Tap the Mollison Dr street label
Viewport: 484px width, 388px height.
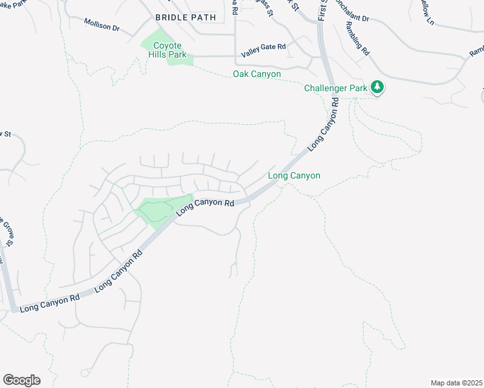pyautogui.click(x=102, y=25)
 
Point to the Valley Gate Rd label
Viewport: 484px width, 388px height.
pyautogui.click(x=263, y=47)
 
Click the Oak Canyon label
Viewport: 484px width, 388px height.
pyautogui.click(x=257, y=74)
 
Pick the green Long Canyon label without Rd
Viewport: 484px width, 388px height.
pyautogui.click(x=294, y=175)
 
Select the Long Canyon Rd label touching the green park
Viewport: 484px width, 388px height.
pyautogui.click(x=204, y=208)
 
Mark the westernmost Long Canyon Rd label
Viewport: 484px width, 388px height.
pyautogui.click(x=49, y=302)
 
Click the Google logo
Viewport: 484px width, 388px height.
pyautogui.click(x=21, y=380)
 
